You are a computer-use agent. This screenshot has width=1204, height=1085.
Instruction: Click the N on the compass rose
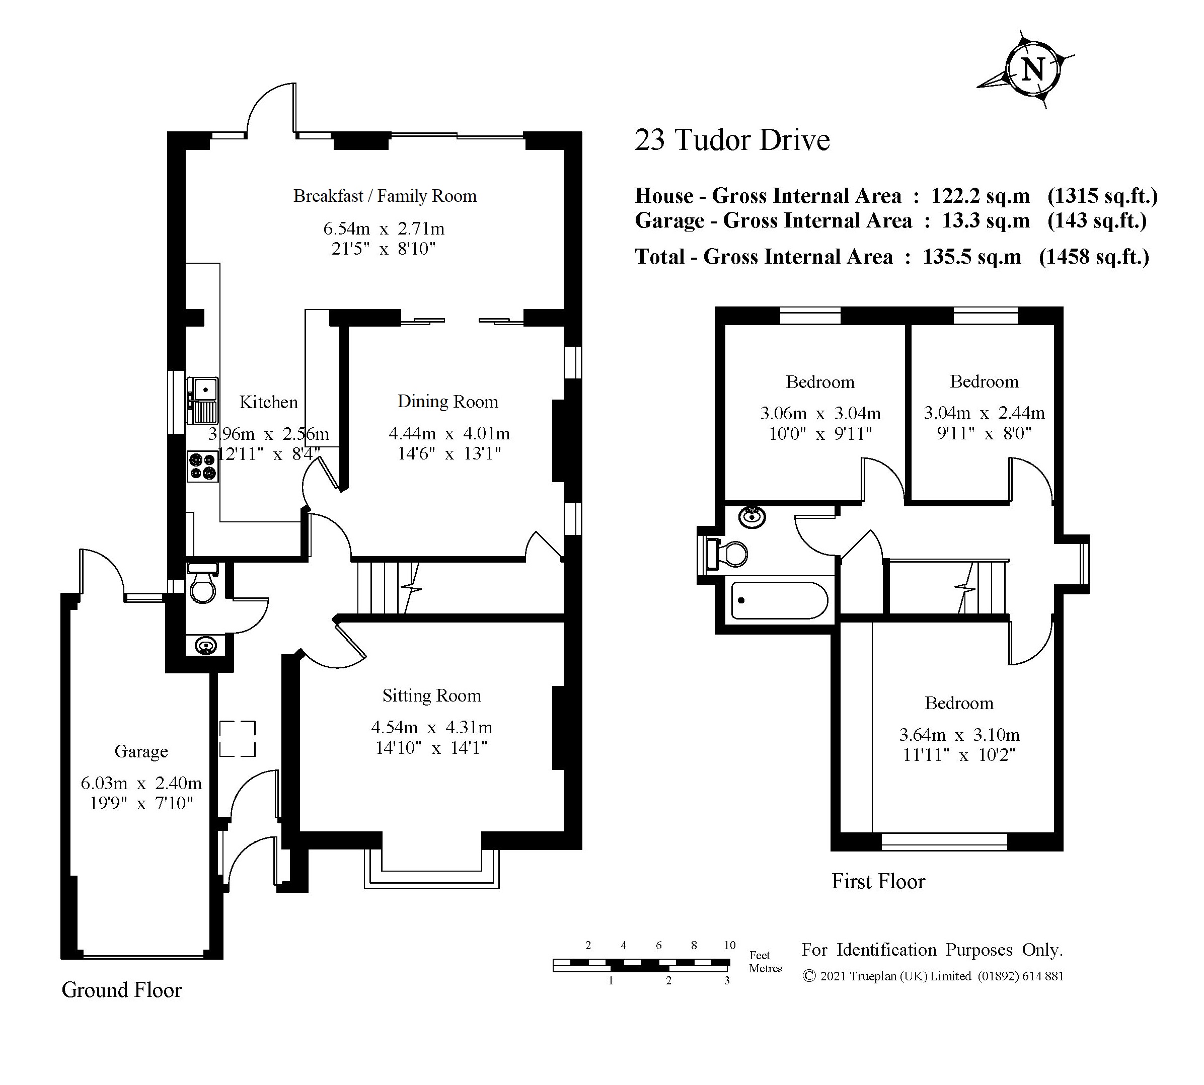tap(1033, 70)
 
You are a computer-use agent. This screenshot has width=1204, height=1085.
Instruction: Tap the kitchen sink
tap(203, 401)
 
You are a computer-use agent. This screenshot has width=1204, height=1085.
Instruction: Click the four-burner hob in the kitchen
tap(203, 466)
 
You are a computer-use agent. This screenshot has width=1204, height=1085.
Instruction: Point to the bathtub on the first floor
tap(779, 600)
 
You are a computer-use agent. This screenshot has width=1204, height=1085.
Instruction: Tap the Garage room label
tap(141, 752)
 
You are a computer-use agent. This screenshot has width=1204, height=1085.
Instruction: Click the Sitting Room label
tap(432, 695)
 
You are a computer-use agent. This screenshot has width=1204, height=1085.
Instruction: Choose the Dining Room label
tap(448, 402)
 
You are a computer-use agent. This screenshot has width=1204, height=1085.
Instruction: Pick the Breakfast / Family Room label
tap(385, 196)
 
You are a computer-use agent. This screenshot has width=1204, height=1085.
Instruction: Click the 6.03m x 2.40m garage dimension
tap(141, 783)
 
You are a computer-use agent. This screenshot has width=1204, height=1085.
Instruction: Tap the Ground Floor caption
tap(122, 990)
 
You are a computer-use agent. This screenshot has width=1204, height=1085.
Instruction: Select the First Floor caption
tap(878, 882)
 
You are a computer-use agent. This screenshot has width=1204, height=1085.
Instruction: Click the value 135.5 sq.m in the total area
tap(972, 257)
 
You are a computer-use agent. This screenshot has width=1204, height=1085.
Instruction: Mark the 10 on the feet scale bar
tap(730, 945)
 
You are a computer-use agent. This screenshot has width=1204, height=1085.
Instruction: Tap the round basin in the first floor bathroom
tap(752, 516)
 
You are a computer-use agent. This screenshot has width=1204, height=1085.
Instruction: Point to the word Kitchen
tap(268, 403)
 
